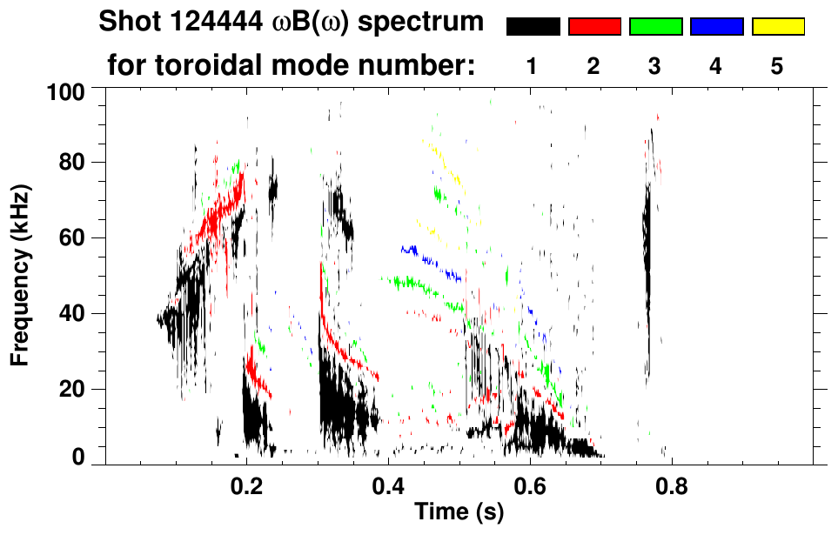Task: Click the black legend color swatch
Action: click(x=533, y=27)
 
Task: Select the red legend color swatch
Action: click(x=594, y=27)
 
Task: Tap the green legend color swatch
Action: click(x=655, y=27)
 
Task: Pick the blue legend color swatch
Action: click(x=716, y=27)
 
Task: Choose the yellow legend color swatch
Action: click(x=777, y=27)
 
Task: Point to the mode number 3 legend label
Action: click(x=654, y=68)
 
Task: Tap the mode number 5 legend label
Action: click(x=777, y=68)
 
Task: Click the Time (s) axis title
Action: click(x=458, y=512)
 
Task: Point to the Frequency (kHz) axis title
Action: click(x=20, y=274)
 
